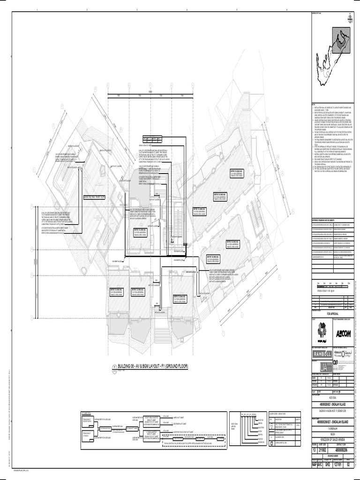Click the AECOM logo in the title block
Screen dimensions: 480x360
[344, 334]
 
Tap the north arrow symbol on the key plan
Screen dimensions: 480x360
[349, 19]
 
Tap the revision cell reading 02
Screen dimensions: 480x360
[349, 465]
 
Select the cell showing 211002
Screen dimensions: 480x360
[323, 450]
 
